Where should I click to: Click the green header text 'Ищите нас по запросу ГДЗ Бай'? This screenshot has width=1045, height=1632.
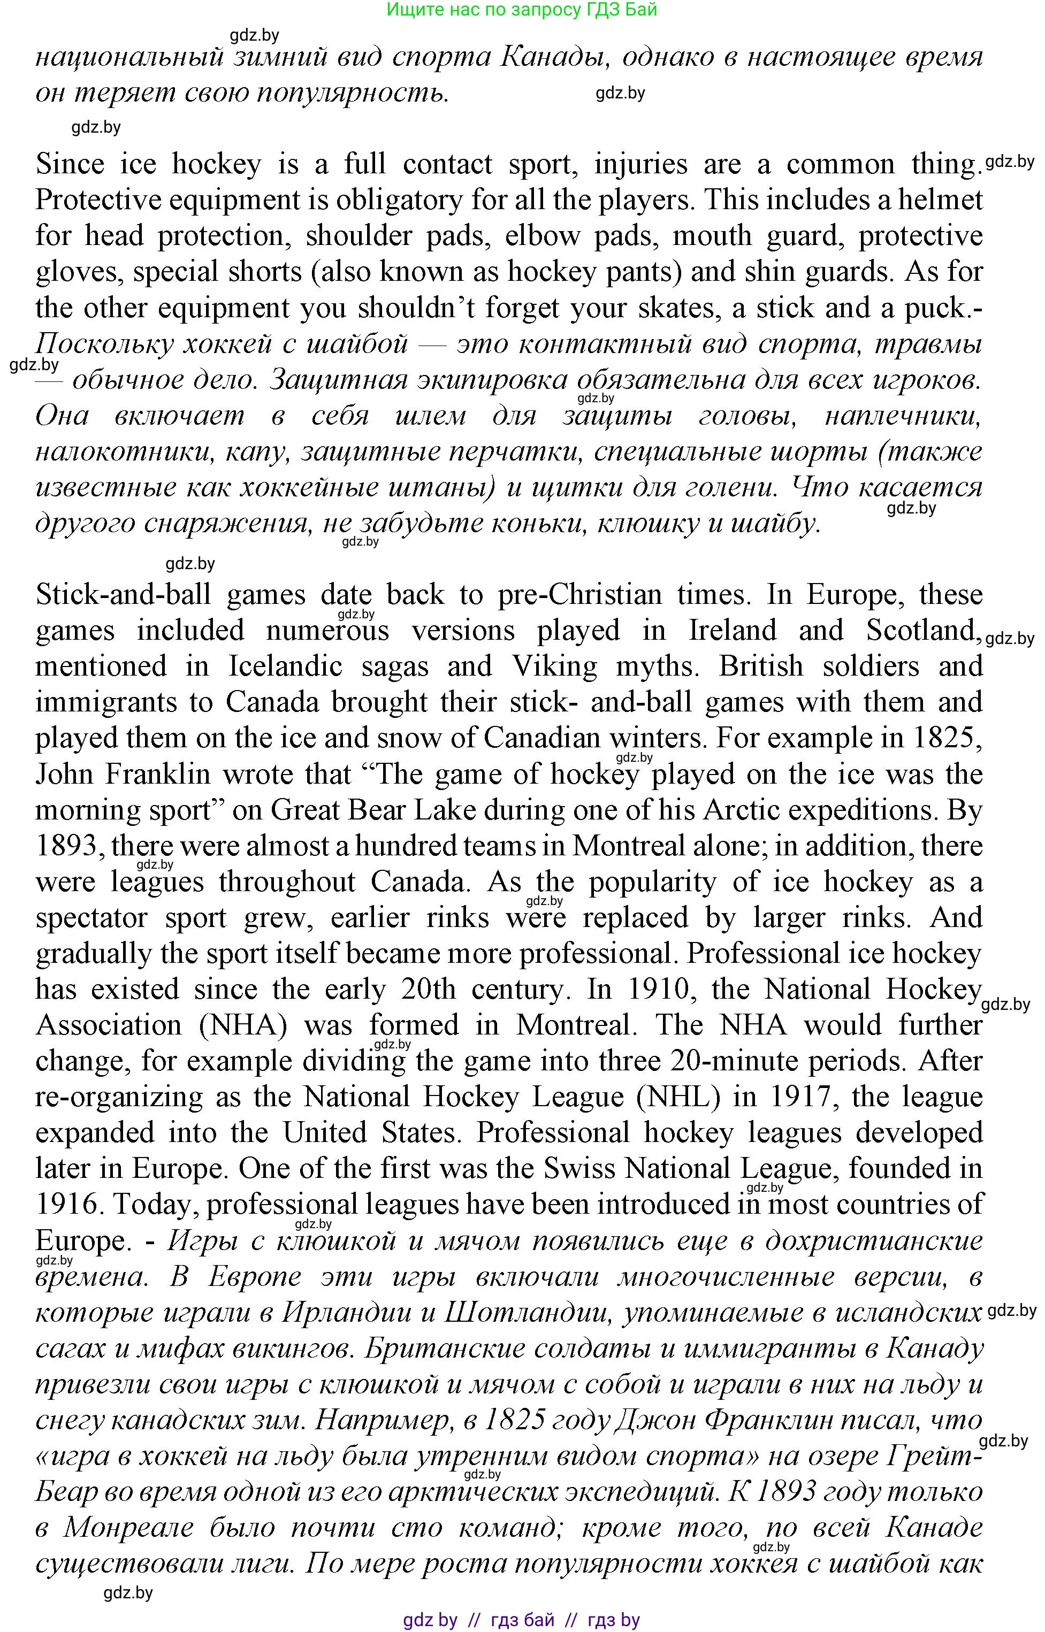click(x=521, y=10)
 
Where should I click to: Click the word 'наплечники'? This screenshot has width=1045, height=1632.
click(x=903, y=416)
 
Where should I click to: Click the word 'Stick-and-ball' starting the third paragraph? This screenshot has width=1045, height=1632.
click(x=124, y=595)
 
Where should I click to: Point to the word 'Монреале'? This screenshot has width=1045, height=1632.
click(x=127, y=1528)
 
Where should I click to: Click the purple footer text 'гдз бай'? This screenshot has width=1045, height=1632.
click(x=522, y=1620)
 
